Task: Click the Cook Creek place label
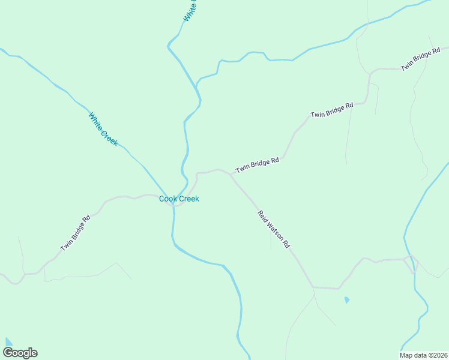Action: pos(179,199)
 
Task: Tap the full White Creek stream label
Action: pos(103,130)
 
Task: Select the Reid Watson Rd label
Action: pos(274,229)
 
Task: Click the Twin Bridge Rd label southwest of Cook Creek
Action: pos(75,233)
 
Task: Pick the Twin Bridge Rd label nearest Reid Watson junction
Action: pos(258,166)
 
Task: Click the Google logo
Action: pos(20,353)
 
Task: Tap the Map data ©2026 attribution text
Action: pos(424,355)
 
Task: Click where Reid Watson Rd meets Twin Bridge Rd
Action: pos(231,175)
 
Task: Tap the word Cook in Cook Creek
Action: pos(168,199)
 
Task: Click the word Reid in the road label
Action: pos(262,215)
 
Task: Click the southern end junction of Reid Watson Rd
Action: pos(313,287)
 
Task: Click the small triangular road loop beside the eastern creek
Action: pos(412,262)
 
